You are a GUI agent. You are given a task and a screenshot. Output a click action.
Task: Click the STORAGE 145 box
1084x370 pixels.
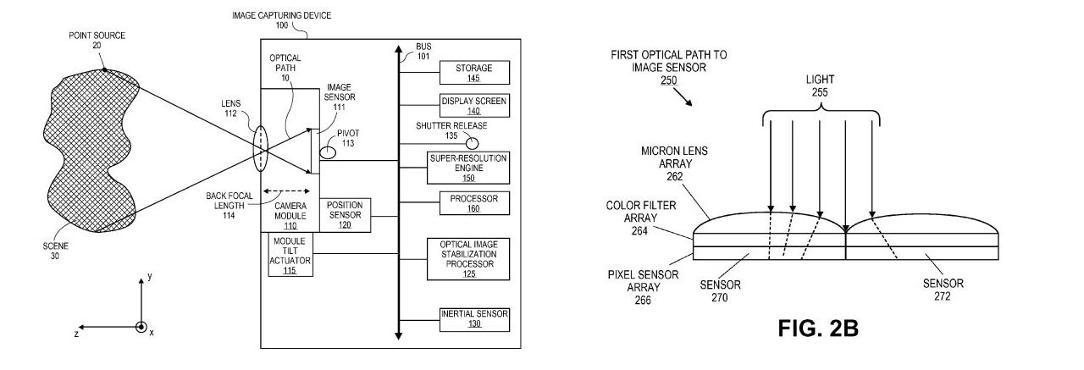[473, 73]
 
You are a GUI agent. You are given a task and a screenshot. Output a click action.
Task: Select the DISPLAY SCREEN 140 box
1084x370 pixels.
[473, 105]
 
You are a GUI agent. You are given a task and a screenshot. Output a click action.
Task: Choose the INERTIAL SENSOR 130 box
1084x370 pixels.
[473, 318]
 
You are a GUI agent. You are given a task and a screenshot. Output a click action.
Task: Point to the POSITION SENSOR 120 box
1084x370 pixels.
[345, 216]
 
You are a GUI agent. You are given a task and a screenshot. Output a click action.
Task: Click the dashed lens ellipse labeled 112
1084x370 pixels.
[259, 149]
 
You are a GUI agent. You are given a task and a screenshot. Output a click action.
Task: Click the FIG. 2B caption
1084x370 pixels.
[818, 329]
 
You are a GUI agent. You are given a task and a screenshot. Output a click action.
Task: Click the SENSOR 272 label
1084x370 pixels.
[943, 290]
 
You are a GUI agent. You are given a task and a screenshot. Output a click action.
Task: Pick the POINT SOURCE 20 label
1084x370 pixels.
[97, 40]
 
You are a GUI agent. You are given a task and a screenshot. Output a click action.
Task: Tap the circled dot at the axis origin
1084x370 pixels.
[141, 327]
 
